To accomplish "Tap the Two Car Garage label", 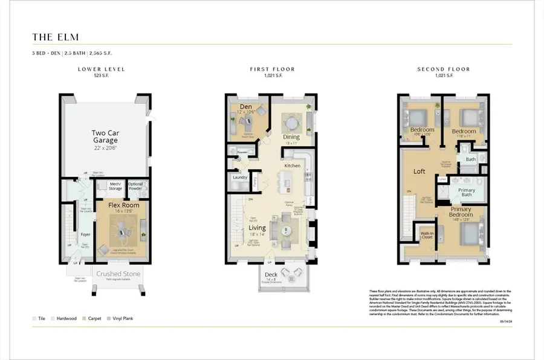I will [105, 137].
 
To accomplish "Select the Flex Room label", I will [123, 205].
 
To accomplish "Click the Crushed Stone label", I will [118, 274].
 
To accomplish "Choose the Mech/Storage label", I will [116, 186].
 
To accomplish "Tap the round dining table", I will [292, 123].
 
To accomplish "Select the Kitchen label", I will [293, 166].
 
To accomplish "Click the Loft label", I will [419, 172].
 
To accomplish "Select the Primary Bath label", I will [466, 193].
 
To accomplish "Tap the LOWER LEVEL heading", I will [102, 69].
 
